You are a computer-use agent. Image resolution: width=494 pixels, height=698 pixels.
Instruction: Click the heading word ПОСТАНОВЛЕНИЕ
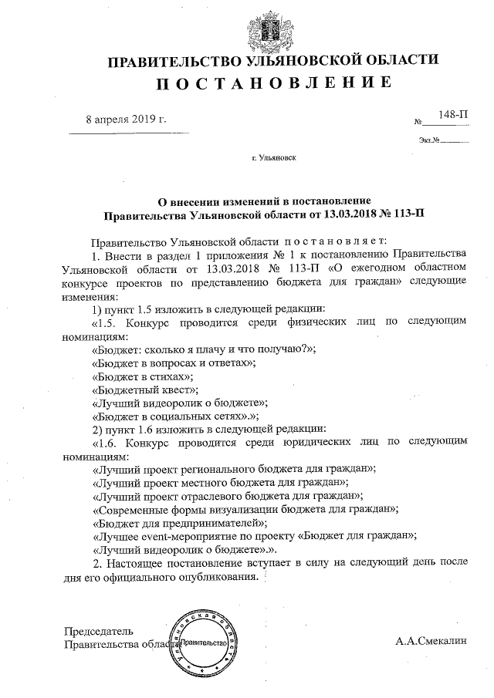(x=269, y=83)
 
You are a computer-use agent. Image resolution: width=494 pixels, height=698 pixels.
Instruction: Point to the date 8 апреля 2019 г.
(x=126, y=120)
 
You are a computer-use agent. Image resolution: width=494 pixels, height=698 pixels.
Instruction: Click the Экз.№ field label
(x=429, y=140)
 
